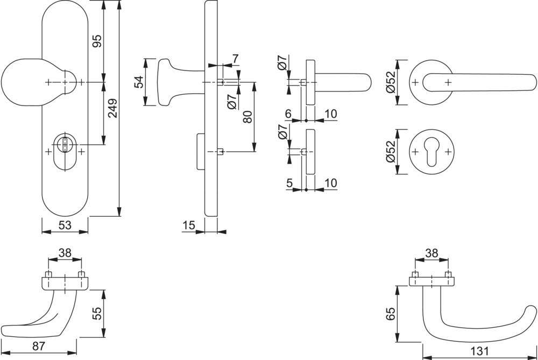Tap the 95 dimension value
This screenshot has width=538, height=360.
coord(97,41)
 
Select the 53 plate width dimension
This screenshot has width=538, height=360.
coord(65,225)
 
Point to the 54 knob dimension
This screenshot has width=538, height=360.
coord(138,82)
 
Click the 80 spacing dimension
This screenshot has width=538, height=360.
coord(247,116)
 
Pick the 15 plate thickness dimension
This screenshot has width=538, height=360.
coord(188,225)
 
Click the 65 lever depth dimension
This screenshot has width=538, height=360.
coord(391,314)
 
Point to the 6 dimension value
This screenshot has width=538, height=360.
coord(288,114)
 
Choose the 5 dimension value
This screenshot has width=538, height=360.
coord(290,183)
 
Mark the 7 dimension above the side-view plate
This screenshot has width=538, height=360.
coord(235,58)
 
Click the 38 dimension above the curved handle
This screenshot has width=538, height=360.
coord(65,252)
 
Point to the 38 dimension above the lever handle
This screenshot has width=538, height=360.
coord(431,252)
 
